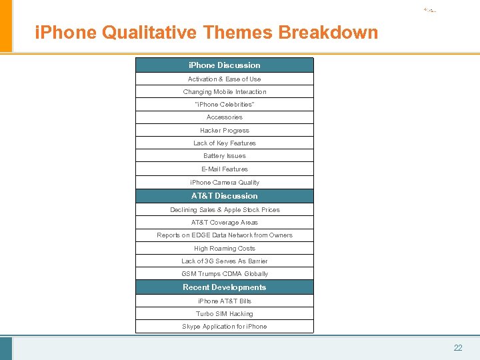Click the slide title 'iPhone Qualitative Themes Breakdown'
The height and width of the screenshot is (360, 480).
[x=206, y=32]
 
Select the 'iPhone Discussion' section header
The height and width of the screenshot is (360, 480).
[x=225, y=65]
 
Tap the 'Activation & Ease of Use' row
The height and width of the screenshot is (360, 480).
[x=225, y=79]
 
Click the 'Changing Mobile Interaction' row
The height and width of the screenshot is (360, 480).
[x=225, y=92]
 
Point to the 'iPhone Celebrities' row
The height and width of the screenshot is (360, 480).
[x=225, y=105]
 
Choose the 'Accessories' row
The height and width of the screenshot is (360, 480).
[x=225, y=117]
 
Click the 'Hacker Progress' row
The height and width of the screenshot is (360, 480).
[x=225, y=131]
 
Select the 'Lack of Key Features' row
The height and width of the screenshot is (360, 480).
[x=225, y=143]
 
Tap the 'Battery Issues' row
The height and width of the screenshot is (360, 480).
[x=225, y=156]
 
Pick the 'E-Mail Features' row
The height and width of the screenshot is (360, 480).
[x=225, y=169]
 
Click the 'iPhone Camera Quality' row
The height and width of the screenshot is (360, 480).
[x=225, y=183]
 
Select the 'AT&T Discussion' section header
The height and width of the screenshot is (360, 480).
[x=225, y=196]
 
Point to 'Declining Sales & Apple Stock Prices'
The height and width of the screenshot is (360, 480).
[x=225, y=210]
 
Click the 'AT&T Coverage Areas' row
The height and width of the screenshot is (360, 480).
[x=225, y=223]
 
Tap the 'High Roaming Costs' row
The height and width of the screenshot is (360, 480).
[x=225, y=249]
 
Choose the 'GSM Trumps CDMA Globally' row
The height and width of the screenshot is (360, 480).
[x=225, y=274]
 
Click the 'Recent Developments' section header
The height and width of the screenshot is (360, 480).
[x=225, y=287]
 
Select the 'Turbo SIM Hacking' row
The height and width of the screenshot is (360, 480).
[x=225, y=314]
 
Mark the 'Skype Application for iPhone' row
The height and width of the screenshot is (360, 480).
[x=225, y=327]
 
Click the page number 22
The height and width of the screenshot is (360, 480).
[x=458, y=348]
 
